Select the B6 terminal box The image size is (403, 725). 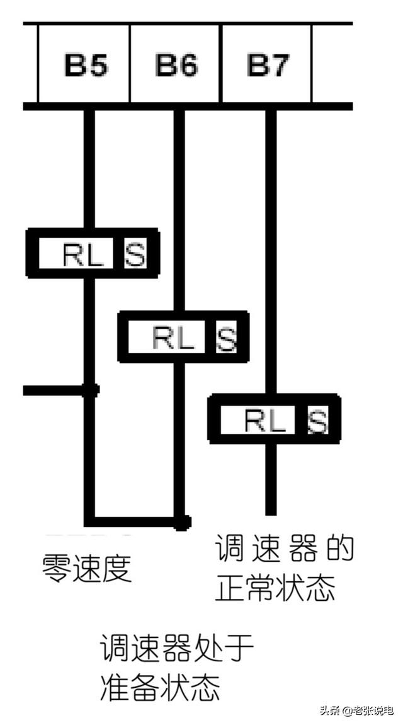[x=176, y=64]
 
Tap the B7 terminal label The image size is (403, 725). [x=267, y=64]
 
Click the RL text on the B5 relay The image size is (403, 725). [x=82, y=254]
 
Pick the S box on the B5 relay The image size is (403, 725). [x=135, y=254]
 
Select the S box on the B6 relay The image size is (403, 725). [x=226, y=339]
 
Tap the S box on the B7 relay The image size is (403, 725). [x=317, y=420]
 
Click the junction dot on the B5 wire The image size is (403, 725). [x=90, y=390]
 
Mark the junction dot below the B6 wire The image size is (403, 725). [x=182, y=521]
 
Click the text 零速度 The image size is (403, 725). [x=87, y=567]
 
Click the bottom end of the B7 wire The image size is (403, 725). [x=271, y=511]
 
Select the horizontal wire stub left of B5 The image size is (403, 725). [x=54, y=390]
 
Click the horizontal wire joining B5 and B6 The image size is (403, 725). [x=135, y=521]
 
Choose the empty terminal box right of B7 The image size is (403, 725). [x=332, y=64]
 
